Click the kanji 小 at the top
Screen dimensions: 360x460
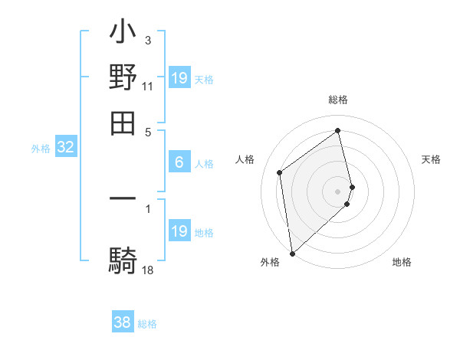point(123,34)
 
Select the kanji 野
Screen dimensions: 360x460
point(123,77)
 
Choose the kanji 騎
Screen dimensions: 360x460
point(123,260)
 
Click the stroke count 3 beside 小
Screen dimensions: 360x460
point(148,40)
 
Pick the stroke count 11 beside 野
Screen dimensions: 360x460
point(148,87)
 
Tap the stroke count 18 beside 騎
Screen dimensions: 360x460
point(148,270)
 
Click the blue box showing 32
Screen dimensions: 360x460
point(65,148)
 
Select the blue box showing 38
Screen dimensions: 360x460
point(123,322)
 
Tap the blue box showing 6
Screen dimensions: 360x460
point(179,162)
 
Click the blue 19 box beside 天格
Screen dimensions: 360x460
point(179,78)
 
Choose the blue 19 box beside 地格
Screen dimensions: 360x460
point(179,231)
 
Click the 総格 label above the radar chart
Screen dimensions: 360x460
point(338,100)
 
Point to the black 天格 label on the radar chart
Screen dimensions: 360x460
point(431,159)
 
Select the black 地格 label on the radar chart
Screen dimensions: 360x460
point(402,262)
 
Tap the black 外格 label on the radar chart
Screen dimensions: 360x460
point(270,262)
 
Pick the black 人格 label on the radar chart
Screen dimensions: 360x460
point(245,159)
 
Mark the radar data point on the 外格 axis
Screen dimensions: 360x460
point(292,254)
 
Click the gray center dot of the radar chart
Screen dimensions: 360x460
point(338,191)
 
